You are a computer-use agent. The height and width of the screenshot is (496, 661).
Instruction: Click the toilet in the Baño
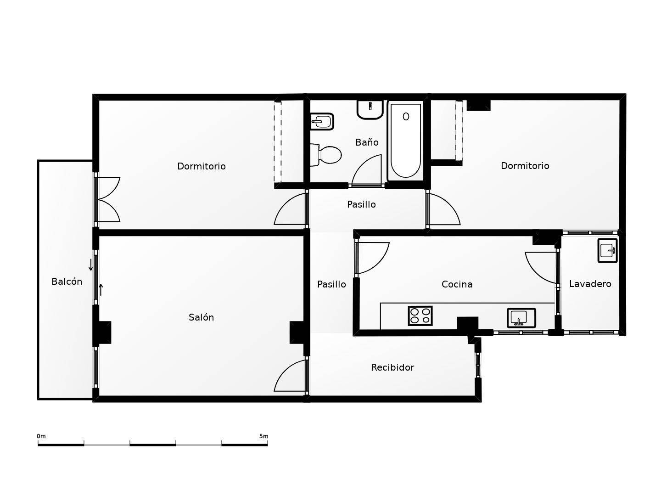tap(326, 155)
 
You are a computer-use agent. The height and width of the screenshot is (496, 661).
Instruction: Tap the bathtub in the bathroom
tap(405, 141)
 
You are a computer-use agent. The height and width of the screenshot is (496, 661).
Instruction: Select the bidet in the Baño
tap(322, 122)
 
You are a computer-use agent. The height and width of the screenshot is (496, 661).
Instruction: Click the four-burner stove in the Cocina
tap(420, 316)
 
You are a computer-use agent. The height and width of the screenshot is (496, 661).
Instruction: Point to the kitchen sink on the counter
tap(521, 318)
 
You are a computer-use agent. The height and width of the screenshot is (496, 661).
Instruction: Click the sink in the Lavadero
tap(607, 250)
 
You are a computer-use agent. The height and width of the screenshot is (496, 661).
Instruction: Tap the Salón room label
tap(201, 317)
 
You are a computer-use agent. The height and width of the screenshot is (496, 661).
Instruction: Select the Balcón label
tap(67, 282)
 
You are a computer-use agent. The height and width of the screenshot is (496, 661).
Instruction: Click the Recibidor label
tap(392, 367)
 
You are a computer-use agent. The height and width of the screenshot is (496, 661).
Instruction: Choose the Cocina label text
tap(457, 284)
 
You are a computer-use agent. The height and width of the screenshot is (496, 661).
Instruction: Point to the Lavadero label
tap(590, 284)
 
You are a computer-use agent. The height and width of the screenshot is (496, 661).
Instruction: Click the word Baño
tap(367, 142)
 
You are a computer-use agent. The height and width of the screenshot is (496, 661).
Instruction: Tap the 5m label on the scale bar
tap(263, 436)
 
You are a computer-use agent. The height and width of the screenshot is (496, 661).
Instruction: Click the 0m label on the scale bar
tap(41, 436)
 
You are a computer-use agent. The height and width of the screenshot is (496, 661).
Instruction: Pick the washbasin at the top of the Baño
tap(370, 110)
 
